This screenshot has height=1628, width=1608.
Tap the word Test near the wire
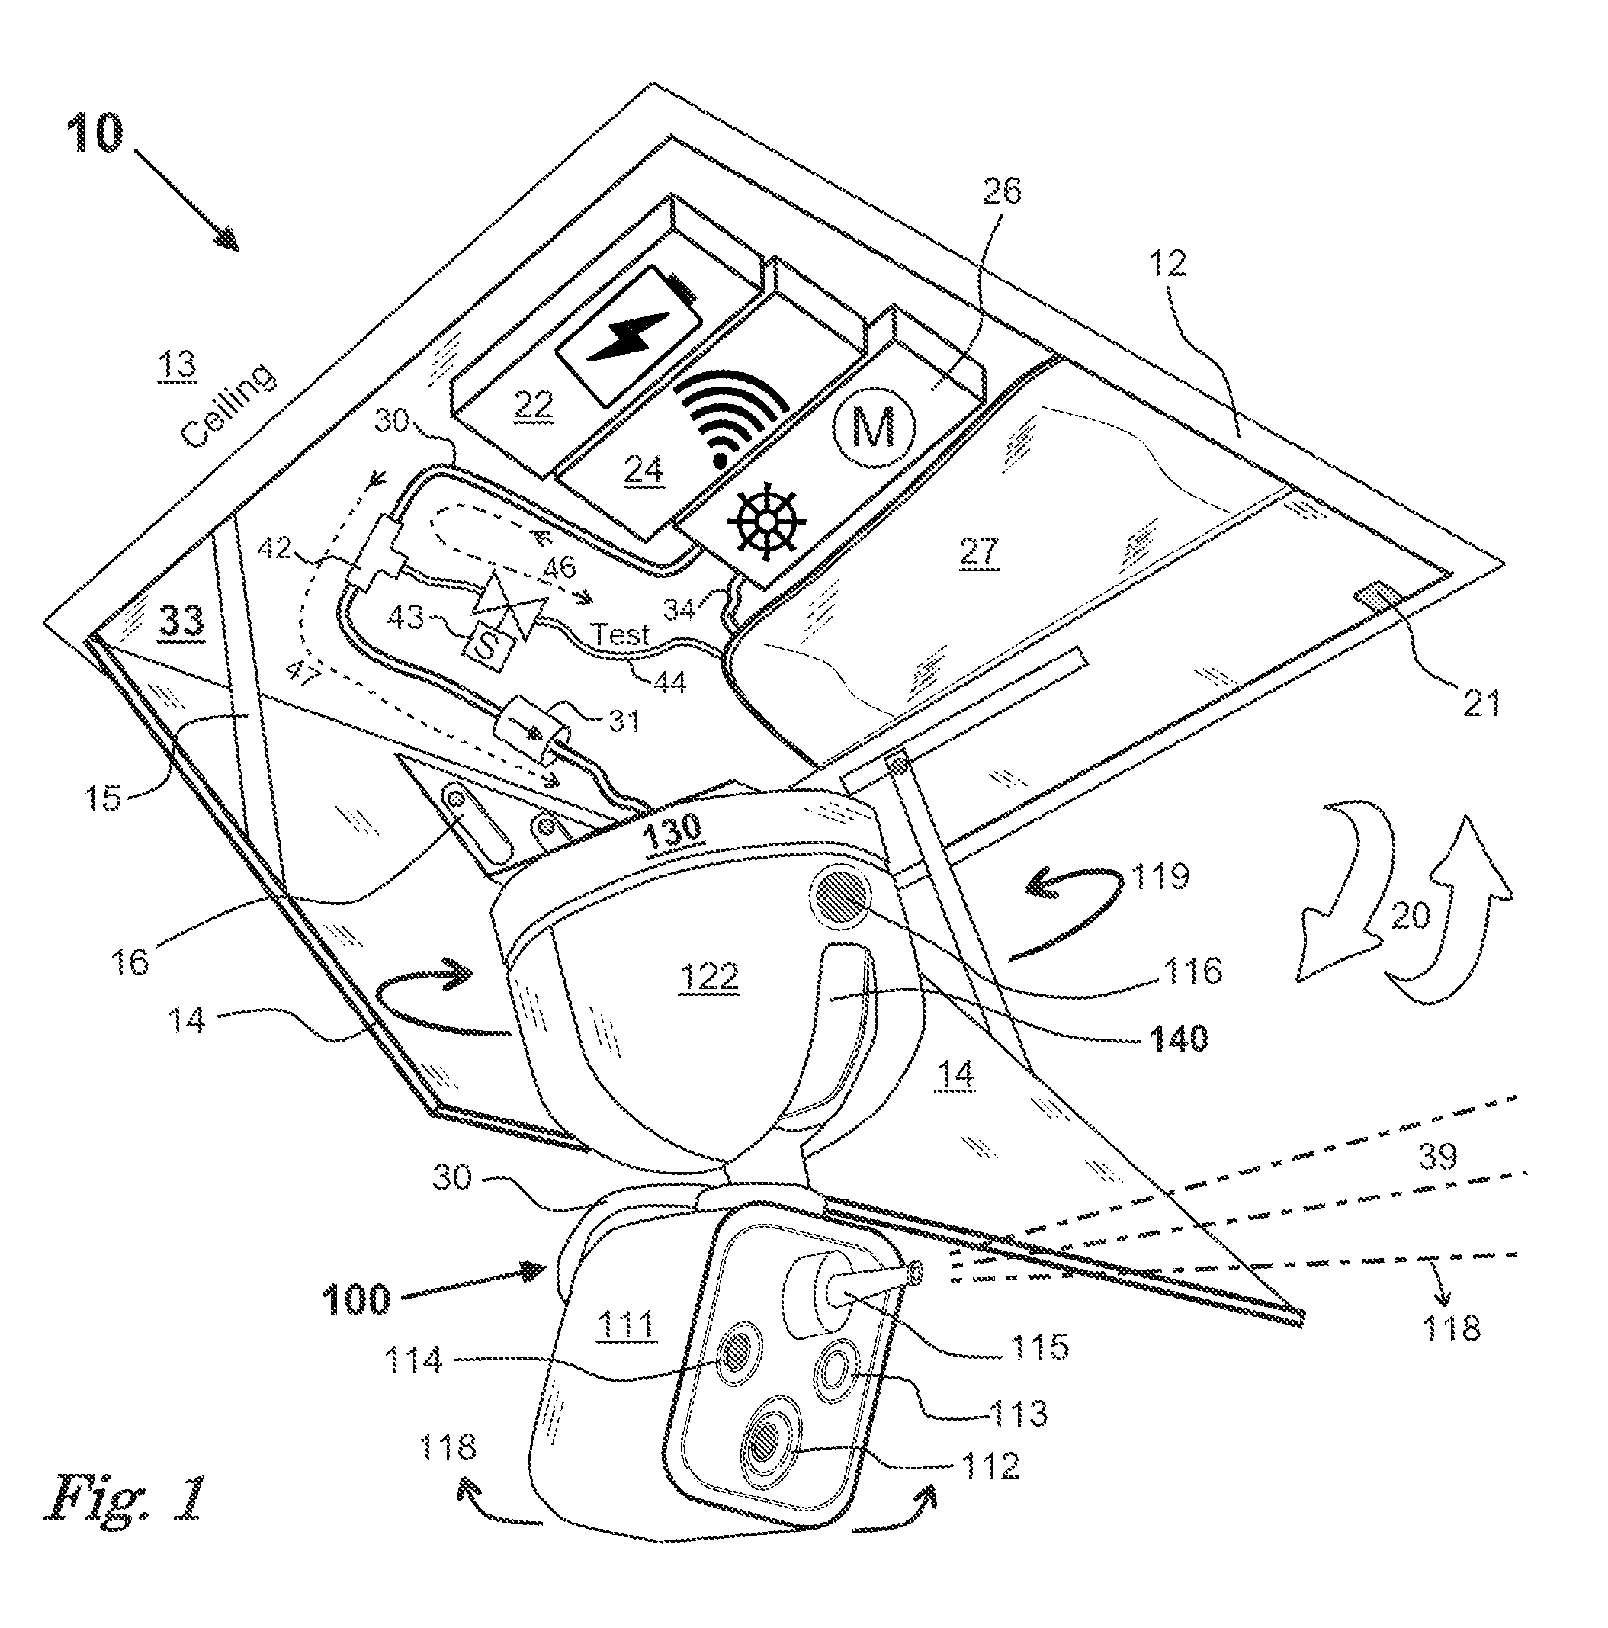[621, 634]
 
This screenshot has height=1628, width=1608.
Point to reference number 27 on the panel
[977, 553]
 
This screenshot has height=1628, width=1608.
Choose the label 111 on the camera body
[626, 1325]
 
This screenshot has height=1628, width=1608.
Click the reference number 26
[1000, 191]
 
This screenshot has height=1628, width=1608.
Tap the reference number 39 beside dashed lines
[1438, 1156]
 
